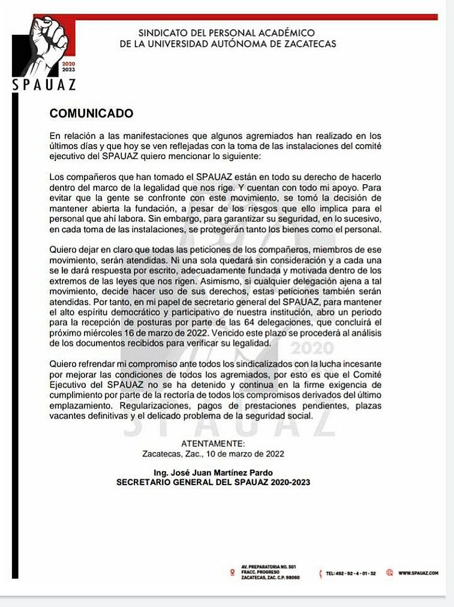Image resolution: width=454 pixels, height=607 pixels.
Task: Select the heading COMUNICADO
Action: coord(91,113)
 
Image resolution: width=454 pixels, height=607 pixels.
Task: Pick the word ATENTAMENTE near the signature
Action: coord(213,443)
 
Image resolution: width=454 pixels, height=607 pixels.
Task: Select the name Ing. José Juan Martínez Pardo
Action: coord(214,473)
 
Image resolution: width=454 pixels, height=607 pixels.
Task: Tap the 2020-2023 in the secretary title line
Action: coord(290,482)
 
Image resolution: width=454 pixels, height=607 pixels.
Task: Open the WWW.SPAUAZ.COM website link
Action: coord(418,573)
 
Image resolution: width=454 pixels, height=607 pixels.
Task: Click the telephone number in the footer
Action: coord(350,574)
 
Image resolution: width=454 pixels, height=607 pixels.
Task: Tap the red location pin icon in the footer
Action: coord(231,573)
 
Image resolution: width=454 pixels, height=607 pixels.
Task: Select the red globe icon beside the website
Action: coord(389,573)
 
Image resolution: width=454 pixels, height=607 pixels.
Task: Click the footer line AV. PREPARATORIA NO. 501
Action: coord(264,567)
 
